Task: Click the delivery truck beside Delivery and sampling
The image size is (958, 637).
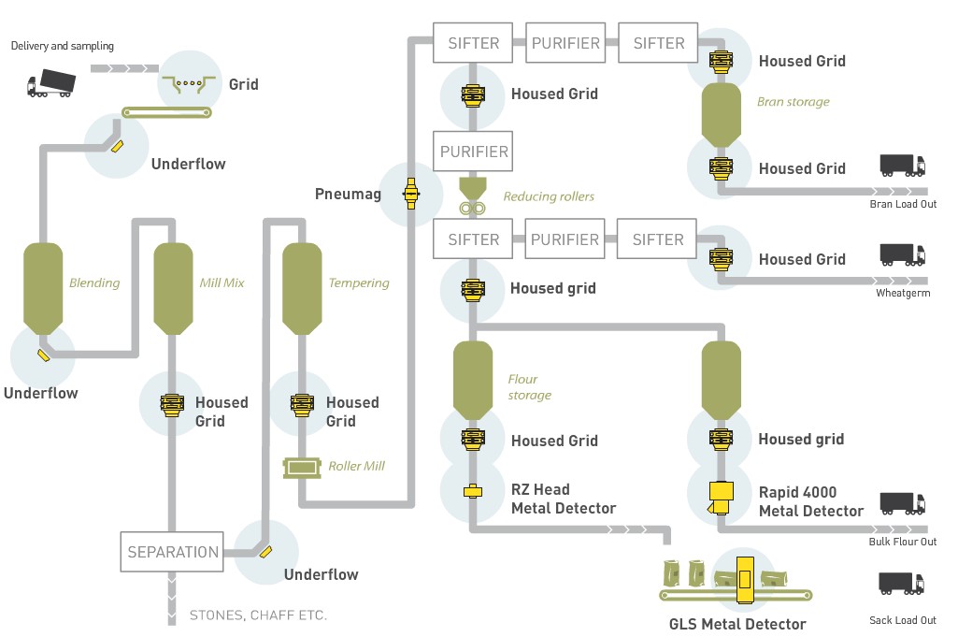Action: click(x=51, y=84)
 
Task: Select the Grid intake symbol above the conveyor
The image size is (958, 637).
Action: click(x=189, y=85)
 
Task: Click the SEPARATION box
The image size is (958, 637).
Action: click(x=173, y=552)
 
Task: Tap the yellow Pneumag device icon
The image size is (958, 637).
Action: click(x=410, y=193)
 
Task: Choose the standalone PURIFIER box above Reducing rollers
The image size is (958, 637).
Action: click(x=474, y=152)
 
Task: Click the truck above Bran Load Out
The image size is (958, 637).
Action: click(x=902, y=166)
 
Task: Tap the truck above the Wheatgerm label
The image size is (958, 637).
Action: click(x=902, y=255)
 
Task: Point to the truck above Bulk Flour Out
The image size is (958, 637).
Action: click(x=902, y=503)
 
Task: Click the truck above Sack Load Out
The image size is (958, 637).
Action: click(x=902, y=584)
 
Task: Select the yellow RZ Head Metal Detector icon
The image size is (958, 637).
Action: click(x=473, y=491)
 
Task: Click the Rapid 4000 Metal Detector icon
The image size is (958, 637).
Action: click(x=721, y=496)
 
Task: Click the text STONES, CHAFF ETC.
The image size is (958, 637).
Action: click(x=258, y=615)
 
